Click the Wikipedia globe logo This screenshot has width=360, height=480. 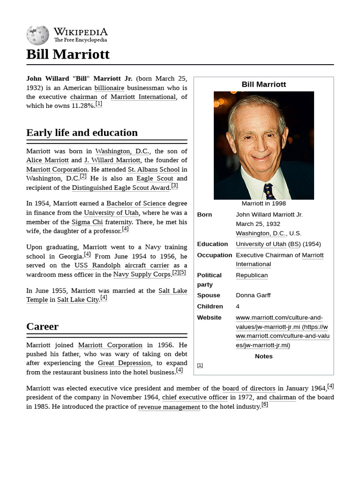point(37,35)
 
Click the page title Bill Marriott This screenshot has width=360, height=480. point(68,54)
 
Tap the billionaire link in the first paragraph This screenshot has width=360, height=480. point(109,88)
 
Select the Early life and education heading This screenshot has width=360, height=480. point(82,133)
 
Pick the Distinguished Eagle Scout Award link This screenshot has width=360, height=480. point(120,187)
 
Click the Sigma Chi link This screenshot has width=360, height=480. point(81,222)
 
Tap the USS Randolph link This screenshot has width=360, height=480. point(97,265)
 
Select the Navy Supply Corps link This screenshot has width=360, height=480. point(142,274)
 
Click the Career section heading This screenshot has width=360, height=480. point(43,326)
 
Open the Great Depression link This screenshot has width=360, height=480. point(124,363)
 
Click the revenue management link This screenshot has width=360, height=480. point(169,407)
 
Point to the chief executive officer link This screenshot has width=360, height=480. point(195,397)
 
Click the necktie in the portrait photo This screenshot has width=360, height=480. point(269,191)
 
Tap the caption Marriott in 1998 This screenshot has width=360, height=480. point(263,203)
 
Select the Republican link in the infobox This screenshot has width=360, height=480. point(252,275)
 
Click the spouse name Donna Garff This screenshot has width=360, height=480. point(253,295)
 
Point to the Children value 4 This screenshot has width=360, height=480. point(238,306)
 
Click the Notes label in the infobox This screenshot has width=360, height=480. point(263,356)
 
